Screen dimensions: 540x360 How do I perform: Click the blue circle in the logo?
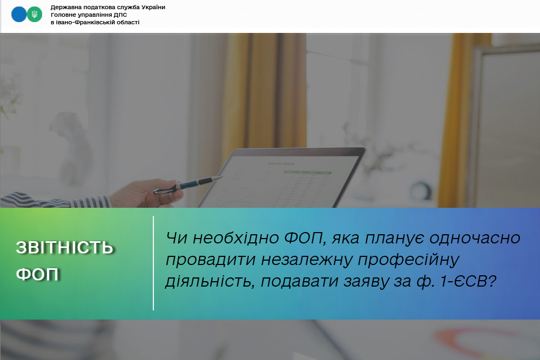click(18, 15)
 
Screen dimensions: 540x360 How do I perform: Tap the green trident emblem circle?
click(35, 15)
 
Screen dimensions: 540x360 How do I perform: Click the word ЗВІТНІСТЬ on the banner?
click(65, 248)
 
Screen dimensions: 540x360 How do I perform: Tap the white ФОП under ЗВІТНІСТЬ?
click(38, 274)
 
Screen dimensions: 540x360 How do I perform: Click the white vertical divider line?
click(153, 263)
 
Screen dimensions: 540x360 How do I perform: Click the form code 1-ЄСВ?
click(468, 282)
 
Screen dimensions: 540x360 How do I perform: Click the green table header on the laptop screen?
click(307, 172)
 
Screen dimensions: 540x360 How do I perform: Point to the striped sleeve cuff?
click(90, 202)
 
